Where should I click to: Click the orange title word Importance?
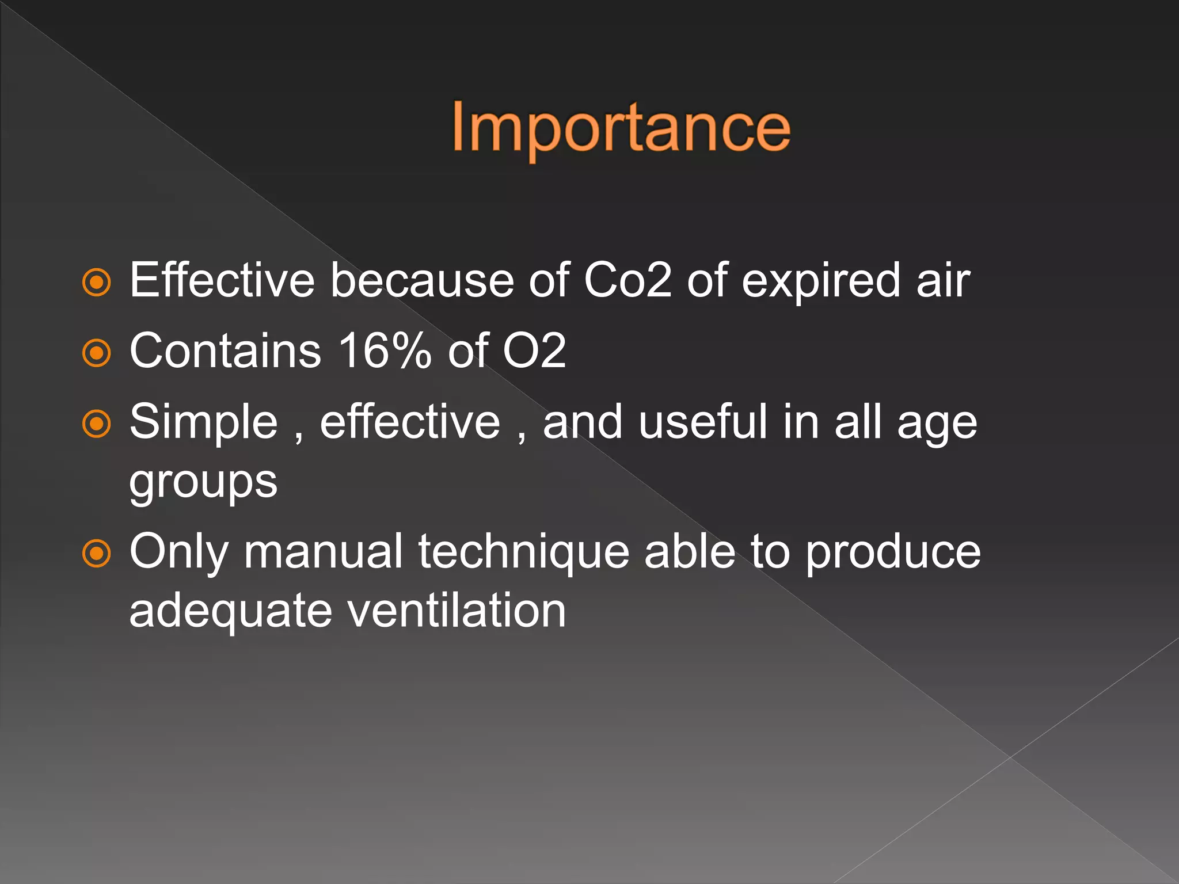coord(621,128)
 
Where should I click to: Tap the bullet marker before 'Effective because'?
coord(97,282)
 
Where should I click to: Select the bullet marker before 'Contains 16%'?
coord(97,353)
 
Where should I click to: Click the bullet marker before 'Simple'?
coord(97,424)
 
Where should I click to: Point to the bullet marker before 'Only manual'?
coord(97,554)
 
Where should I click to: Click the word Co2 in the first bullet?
coord(627,280)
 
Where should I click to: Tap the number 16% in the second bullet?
coord(385,350)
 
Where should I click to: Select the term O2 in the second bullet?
coord(534,350)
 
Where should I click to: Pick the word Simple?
coord(204,423)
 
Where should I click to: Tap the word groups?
coord(203,482)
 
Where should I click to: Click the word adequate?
coord(230,611)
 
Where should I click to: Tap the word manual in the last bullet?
coord(323,551)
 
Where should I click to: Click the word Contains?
coord(225,350)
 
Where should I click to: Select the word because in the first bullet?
coord(421,280)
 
